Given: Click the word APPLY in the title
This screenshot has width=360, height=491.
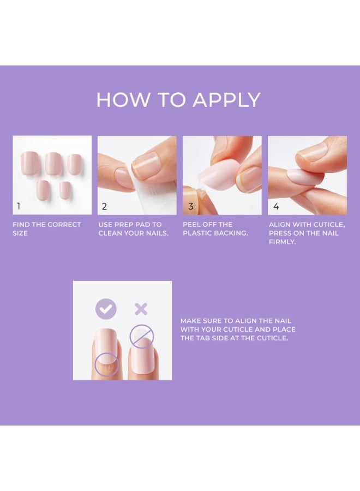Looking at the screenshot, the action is tap(226, 100).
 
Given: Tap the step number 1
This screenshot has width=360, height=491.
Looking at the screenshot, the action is tap(19, 206).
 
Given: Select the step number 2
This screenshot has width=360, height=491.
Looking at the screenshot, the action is tap(104, 206).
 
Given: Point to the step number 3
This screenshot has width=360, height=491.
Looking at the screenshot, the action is tap(191, 206).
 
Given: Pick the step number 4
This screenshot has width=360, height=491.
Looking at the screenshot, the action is tap(276, 206).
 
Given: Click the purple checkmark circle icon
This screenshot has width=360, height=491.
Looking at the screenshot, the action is tap(106, 309).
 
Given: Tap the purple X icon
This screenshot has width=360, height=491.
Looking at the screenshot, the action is tap(141, 309).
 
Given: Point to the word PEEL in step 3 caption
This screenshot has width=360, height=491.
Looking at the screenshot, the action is tap(191, 225).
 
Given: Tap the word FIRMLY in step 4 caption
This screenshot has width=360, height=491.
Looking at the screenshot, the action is tap(283, 242).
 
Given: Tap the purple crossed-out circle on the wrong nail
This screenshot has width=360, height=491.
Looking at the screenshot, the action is tap(142, 336).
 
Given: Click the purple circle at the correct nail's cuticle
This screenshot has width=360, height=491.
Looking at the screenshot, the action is tap(107, 364).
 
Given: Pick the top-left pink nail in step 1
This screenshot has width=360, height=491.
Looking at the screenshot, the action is tap(30, 162).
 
